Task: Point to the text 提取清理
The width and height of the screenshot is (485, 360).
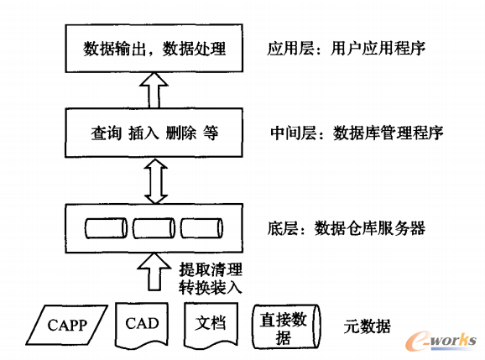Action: tap(210, 269)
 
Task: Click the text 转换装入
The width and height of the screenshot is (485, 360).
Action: tap(210, 287)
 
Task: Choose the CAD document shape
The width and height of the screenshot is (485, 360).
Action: tap(142, 325)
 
